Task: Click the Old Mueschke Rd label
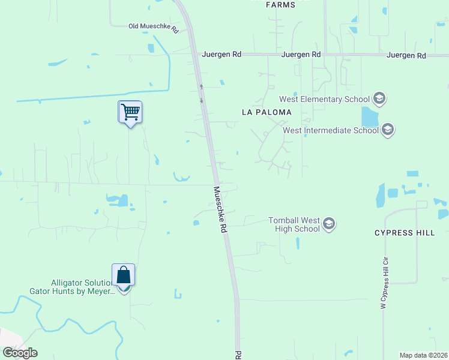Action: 154,27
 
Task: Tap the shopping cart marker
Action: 130,112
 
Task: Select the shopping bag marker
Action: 123,275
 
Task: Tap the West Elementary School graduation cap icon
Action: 379,98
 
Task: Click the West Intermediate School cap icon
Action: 387,130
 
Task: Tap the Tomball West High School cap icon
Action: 328,224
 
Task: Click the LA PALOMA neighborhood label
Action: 266,112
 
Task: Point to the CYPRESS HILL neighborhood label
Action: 405,233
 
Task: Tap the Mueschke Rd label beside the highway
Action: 221,209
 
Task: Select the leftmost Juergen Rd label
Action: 221,54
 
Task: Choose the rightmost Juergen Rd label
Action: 406,55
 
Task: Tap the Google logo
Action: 20,353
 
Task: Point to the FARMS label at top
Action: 280,5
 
